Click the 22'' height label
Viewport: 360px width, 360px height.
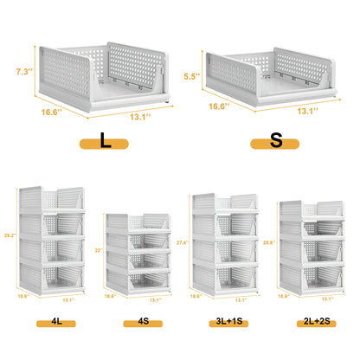click(99, 251)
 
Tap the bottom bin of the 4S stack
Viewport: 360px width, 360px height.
click(138, 278)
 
